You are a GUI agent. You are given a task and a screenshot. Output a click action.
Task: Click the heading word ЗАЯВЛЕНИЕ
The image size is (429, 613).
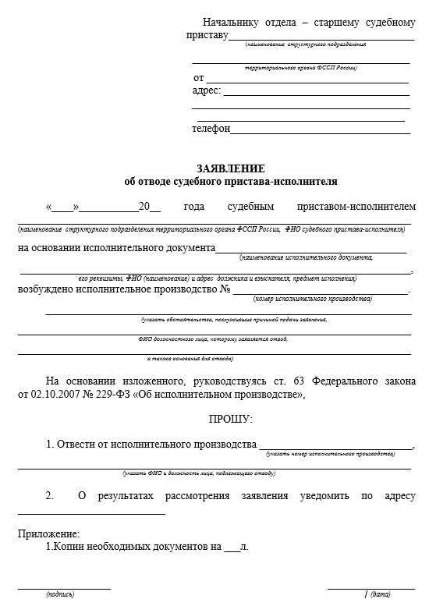click(x=231, y=168)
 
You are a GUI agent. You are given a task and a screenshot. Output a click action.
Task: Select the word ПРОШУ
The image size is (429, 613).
click(x=231, y=420)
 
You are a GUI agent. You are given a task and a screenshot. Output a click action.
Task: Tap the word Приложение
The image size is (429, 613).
click(x=48, y=534)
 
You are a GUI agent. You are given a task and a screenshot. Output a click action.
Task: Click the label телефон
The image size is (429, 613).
click(x=211, y=129)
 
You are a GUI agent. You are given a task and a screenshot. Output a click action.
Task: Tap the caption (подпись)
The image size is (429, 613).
click(x=60, y=594)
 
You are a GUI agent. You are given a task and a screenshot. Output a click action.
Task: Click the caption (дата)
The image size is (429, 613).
click(x=381, y=594)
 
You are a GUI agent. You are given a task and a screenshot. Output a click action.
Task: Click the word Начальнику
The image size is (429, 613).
click(x=232, y=22)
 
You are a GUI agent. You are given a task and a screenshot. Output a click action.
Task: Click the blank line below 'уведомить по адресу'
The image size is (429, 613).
click(x=91, y=513)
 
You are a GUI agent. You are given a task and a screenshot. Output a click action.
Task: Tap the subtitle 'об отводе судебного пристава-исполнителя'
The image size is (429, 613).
click(x=231, y=182)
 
